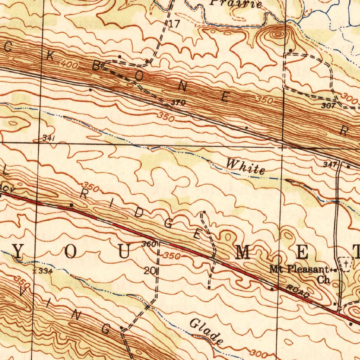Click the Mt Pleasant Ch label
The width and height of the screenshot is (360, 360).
point(301,274)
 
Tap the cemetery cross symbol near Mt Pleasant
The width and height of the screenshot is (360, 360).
point(346,263)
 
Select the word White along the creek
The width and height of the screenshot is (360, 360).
point(245,167)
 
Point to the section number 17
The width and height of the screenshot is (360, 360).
point(174,24)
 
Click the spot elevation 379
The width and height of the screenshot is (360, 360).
point(178,103)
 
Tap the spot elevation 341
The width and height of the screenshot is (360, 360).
point(48,138)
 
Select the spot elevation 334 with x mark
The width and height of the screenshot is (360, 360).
point(42,271)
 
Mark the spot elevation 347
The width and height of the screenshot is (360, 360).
point(331,164)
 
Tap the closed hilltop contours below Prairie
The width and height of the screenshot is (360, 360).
point(278,34)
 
